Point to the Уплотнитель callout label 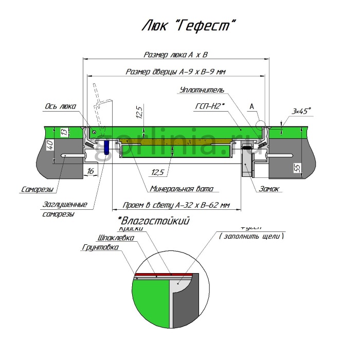(202, 90)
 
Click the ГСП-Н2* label (208, 107)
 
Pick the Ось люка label (60, 106)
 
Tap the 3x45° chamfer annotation (302, 111)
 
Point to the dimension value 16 (90, 170)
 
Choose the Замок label (270, 189)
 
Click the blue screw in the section (105, 148)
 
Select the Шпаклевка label (116, 238)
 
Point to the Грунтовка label (100, 247)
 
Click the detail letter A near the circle (251, 106)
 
